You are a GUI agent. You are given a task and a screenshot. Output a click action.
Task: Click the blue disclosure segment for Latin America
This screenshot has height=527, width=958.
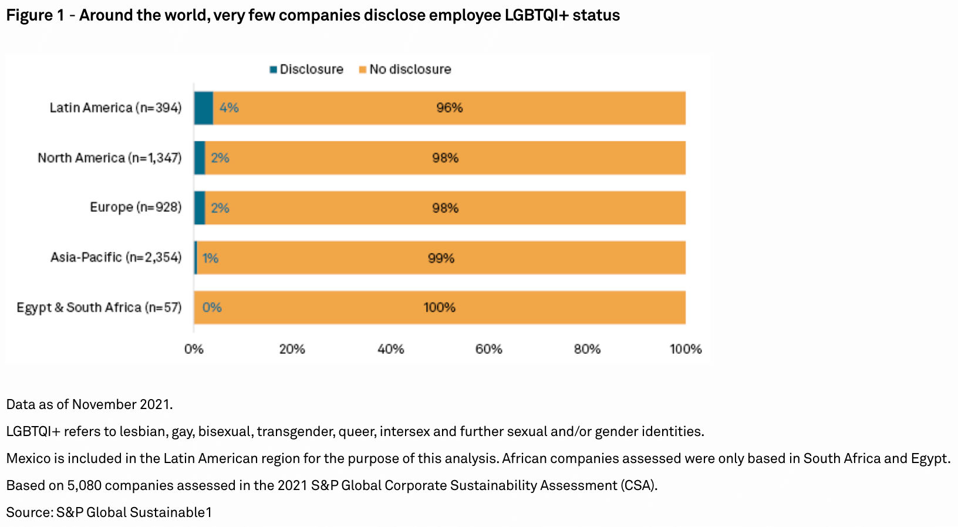(204, 108)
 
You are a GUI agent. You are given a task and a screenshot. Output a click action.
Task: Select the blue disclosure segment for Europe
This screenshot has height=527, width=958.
(200, 208)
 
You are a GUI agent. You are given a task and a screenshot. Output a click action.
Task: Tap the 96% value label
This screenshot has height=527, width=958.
(449, 108)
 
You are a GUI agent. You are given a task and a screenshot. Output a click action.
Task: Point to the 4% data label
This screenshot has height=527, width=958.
(229, 108)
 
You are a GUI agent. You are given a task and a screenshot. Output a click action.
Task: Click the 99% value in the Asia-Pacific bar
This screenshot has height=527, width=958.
(441, 258)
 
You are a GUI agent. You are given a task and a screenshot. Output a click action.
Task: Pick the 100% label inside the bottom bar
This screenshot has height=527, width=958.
(439, 308)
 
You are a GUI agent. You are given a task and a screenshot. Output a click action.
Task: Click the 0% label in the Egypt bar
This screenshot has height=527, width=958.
(212, 308)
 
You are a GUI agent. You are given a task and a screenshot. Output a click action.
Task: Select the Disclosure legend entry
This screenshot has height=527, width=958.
(306, 69)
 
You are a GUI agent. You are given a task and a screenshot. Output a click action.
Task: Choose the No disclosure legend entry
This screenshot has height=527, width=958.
(405, 69)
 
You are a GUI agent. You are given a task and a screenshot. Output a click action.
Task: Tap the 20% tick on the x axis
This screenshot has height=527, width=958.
(292, 349)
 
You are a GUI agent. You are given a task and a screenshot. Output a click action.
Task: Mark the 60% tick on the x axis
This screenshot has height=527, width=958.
(488, 349)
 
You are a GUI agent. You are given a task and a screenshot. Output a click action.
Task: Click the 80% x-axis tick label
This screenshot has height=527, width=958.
(587, 349)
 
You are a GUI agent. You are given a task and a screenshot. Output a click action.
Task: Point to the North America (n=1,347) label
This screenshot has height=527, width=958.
(110, 158)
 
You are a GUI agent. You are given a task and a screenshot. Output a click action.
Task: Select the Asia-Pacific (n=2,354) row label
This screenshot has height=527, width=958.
(116, 258)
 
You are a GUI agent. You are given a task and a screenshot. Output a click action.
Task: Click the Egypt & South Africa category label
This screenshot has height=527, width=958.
(99, 308)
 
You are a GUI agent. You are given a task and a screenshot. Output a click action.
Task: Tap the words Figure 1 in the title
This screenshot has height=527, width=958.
(35, 15)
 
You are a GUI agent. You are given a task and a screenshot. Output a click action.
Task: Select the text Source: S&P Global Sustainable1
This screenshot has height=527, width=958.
(109, 512)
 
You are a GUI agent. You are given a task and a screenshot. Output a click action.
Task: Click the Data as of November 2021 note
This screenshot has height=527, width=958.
(89, 404)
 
